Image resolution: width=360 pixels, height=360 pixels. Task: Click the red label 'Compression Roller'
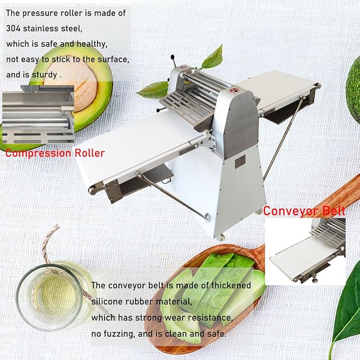pos(55,153)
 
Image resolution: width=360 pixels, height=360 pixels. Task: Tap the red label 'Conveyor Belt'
pos(304,210)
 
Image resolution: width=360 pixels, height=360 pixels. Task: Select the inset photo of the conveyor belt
pos(305,250)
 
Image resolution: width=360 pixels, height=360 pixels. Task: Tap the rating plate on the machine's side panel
pos(240,160)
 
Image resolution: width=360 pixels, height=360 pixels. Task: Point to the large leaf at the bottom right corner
pos(347,313)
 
